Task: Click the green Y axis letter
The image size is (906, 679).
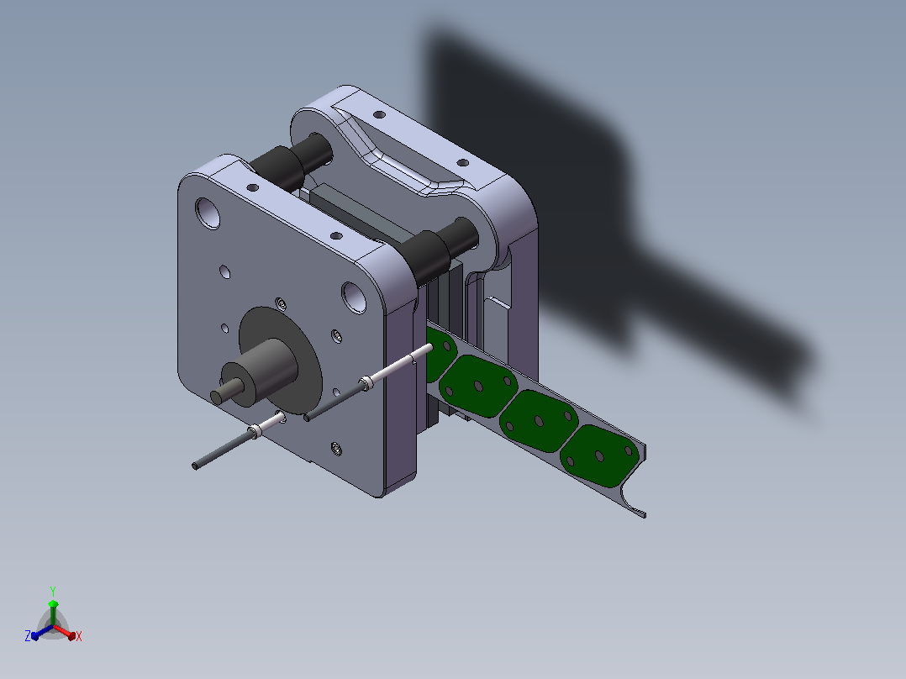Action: tap(53, 591)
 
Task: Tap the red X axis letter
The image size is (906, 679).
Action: tap(79, 636)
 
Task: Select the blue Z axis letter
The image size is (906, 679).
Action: tap(28, 636)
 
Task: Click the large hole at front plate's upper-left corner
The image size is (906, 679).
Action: tap(208, 213)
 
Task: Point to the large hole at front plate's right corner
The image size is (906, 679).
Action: tap(354, 297)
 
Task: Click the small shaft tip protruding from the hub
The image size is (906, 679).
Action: tap(219, 395)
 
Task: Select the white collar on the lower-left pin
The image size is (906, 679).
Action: tap(255, 432)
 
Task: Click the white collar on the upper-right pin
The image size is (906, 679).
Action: tap(366, 383)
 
